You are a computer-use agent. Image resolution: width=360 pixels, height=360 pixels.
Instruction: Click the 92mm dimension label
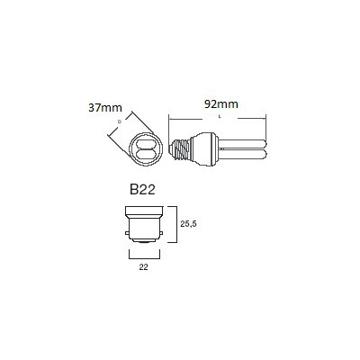[220, 104]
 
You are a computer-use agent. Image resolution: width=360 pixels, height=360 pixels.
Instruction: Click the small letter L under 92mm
[220, 121]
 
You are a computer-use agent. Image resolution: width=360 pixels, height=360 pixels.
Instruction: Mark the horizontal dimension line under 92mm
[220, 114]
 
